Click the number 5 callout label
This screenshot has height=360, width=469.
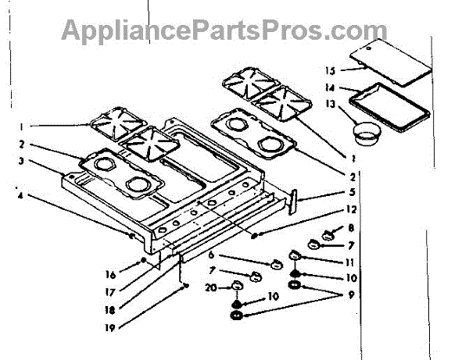(x=353, y=192)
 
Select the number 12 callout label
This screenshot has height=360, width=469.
(x=353, y=209)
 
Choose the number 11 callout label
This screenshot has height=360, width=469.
(x=353, y=262)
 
